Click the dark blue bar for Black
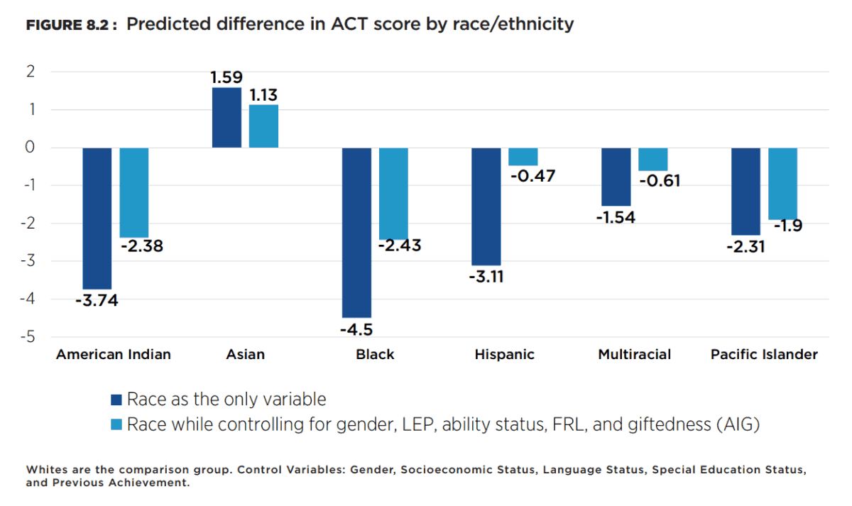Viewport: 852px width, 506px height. point(357,232)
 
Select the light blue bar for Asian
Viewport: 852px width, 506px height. point(263,126)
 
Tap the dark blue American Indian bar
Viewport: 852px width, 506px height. point(97,218)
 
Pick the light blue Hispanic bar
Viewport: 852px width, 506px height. point(523,157)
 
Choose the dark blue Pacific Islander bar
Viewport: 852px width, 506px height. point(746,191)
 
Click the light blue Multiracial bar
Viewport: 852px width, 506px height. point(653,160)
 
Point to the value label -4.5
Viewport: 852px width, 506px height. point(356,329)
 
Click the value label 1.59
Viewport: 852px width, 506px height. point(226,77)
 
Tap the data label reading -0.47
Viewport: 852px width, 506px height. point(531,176)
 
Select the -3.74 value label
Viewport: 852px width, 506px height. point(97,300)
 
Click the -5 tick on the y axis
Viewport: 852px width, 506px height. point(29,337)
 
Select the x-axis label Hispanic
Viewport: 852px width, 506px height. point(505,354)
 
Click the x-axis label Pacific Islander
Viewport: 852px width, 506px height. point(764,354)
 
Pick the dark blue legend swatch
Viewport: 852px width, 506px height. point(117,400)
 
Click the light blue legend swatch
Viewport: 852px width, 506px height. point(117,425)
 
